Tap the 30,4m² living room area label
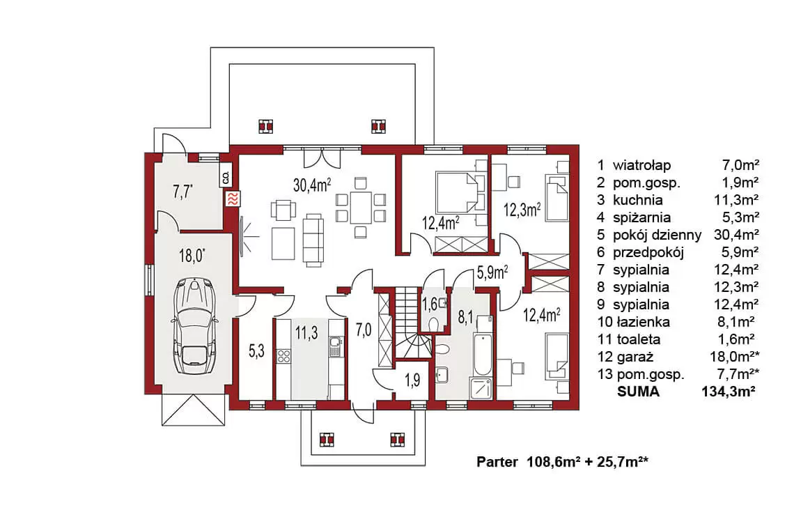(x=312, y=185)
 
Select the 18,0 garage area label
(x=192, y=255)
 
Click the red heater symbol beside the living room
(x=233, y=199)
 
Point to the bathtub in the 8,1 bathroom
(x=483, y=354)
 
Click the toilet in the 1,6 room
(x=433, y=323)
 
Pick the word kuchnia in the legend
(x=637, y=199)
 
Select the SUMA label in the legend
(x=638, y=392)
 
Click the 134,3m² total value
(x=729, y=392)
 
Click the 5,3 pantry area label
(x=257, y=350)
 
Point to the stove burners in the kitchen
(x=283, y=356)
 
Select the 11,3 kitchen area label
(x=306, y=333)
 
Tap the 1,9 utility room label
(x=413, y=380)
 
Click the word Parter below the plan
(x=497, y=462)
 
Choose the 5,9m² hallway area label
(x=492, y=274)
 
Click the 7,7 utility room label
(x=182, y=192)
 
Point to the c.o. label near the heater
(x=226, y=177)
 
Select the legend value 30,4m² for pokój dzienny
(x=736, y=235)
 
